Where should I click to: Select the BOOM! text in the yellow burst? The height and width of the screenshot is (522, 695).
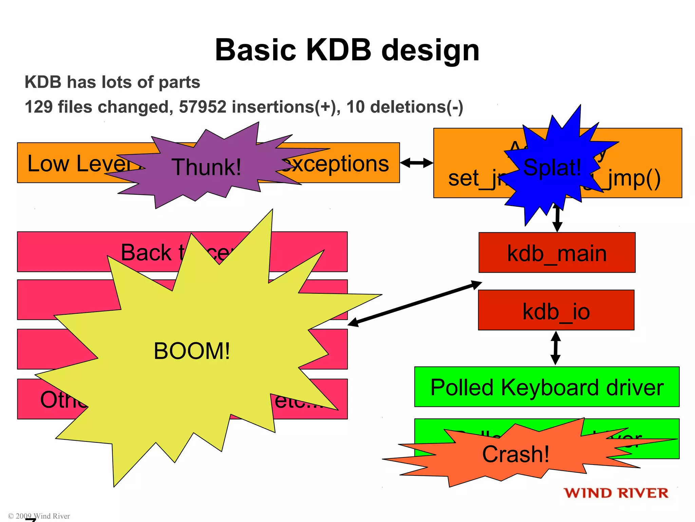192,351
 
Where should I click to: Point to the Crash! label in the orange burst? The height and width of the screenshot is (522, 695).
515,454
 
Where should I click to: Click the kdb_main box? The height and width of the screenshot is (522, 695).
557,253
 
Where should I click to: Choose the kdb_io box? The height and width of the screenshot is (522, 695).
556,311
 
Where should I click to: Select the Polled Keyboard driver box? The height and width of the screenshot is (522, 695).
547,387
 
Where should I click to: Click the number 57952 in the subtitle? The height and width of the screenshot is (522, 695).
202,107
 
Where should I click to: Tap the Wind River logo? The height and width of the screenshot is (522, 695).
616,493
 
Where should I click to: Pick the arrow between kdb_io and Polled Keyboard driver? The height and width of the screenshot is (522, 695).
556,348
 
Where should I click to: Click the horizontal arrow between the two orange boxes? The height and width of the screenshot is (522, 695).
416,163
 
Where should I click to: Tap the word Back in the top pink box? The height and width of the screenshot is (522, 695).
146,253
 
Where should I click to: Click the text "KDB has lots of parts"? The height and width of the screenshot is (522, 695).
112,82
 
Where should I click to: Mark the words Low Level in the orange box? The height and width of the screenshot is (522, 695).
78,164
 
